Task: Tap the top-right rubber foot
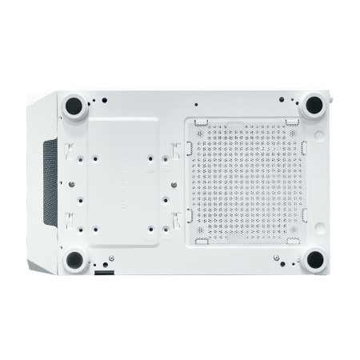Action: pos(313,103)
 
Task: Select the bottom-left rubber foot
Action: pos(75,258)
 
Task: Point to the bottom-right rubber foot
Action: pos(314,258)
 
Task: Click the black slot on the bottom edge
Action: pos(103,273)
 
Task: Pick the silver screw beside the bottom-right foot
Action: pos(276,258)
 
